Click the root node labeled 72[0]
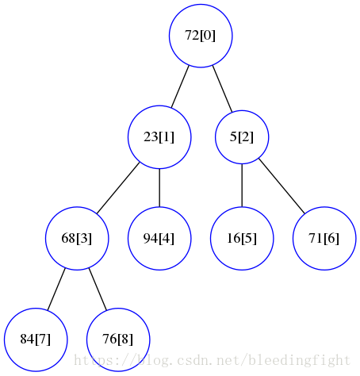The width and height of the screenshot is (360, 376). (201, 35)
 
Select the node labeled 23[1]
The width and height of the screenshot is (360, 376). (159, 136)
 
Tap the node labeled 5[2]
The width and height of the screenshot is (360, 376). (242, 136)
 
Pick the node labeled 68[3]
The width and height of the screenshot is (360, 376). (77, 238)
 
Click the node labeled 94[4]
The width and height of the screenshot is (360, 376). (159, 238)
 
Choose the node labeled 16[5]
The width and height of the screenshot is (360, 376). (242, 238)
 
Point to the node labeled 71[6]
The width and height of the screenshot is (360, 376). (324, 238)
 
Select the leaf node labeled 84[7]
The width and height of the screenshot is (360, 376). (36, 340)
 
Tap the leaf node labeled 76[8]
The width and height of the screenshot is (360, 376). (118, 340)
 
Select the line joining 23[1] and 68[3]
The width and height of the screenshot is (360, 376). (118, 187)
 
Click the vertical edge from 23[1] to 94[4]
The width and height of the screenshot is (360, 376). (159, 187)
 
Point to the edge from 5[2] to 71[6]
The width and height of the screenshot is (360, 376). (282, 186)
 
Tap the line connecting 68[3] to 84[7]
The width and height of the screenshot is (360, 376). (56, 289)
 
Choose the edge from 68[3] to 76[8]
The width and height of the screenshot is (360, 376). (98, 289)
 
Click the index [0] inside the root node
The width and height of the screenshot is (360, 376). (208, 35)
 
